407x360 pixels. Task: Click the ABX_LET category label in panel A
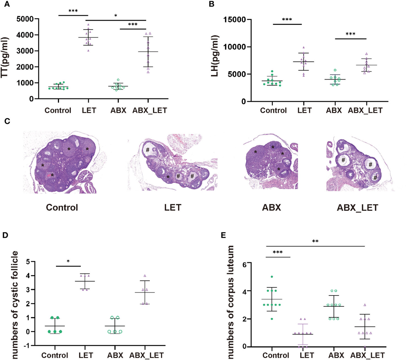tap(150, 111)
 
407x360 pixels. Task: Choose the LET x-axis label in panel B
tap(304, 111)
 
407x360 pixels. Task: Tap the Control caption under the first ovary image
tap(62, 207)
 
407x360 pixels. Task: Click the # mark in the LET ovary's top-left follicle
tap(148, 150)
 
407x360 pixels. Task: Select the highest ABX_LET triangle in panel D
tap(145, 276)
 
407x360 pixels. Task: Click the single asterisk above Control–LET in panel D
tap(68, 261)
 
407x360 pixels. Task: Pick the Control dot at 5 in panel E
tap(272, 277)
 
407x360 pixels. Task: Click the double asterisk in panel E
tap(315, 242)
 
